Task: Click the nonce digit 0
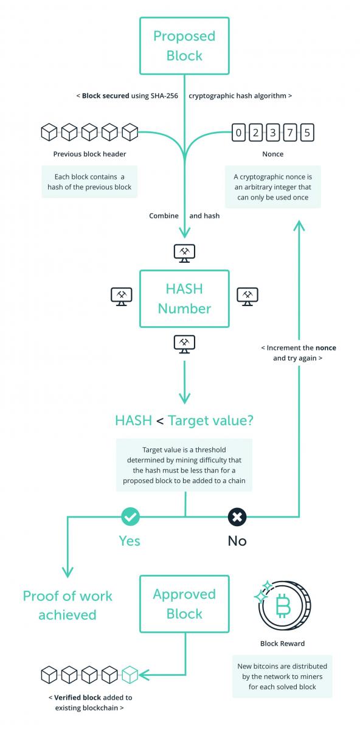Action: tap(238, 133)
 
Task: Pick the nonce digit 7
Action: tap(290, 133)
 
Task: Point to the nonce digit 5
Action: tap(307, 133)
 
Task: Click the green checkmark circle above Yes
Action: tap(130, 516)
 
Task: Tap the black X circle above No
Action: tap(237, 517)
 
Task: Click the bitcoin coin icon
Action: tap(283, 605)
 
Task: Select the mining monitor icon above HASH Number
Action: tap(184, 253)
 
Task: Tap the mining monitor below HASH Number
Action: tap(184, 344)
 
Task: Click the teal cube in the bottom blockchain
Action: tap(130, 675)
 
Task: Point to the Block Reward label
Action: tap(282, 644)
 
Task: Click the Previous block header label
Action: tap(89, 154)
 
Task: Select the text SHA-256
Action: tap(164, 96)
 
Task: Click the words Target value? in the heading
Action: tap(211, 420)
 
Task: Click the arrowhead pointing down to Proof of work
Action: tap(67, 572)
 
